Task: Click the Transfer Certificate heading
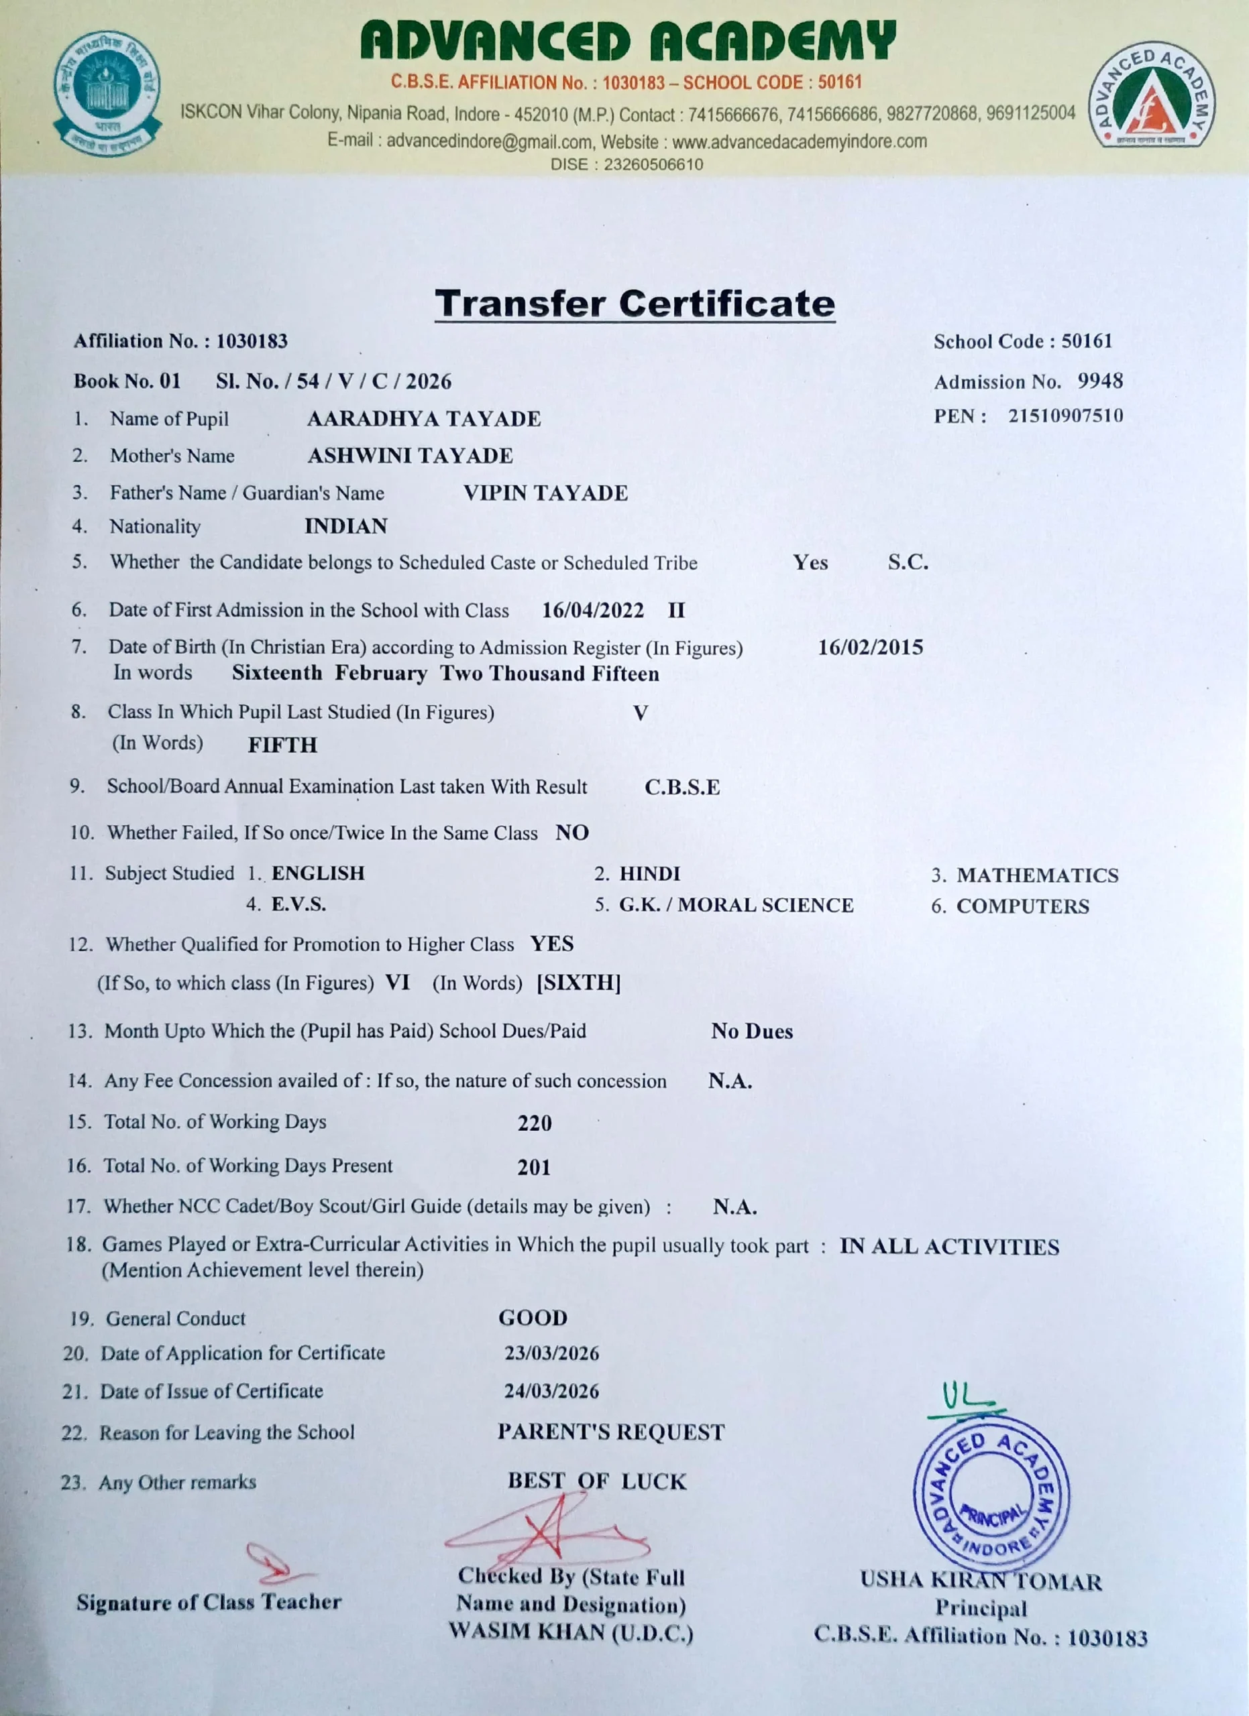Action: tap(635, 304)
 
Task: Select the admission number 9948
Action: tap(1100, 381)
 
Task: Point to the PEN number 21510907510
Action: tap(1065, 416)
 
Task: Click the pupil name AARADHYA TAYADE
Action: tap(423, 418)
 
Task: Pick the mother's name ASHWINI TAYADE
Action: tap(410, 456)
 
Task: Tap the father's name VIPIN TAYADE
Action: tap(545, 493)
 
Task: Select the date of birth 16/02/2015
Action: tap(871, 647)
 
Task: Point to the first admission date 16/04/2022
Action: tap(593, 611)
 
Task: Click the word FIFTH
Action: tap(282, 745)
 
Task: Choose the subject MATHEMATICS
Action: tap(1037, 875)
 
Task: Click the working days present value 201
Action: tap(534, 1168)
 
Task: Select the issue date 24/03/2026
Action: tap(551, 1391)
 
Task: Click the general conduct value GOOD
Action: tap(532, 1318)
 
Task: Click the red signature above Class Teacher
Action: tap(276, 1565)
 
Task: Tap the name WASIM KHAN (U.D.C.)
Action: tap(571, 1632)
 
